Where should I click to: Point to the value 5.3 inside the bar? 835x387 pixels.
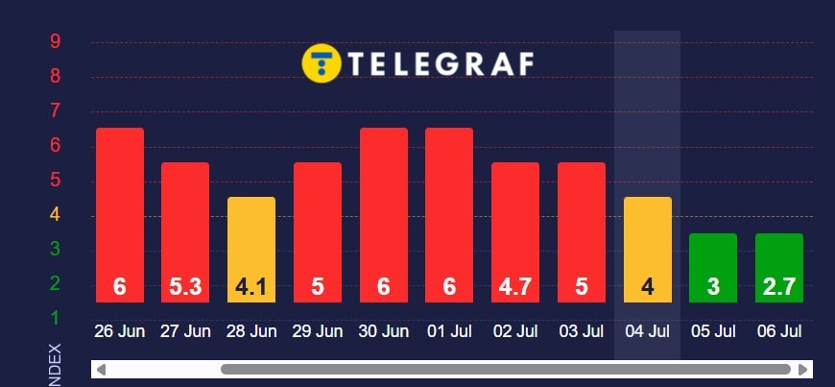185,286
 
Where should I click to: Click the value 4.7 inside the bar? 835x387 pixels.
515,286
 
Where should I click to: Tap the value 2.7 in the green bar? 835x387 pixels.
778,286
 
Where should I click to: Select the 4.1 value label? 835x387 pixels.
250,286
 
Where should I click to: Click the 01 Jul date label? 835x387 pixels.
449,332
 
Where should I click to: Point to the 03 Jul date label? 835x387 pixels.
581,332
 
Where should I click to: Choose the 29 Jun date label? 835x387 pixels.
318,332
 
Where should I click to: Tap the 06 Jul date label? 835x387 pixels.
778,332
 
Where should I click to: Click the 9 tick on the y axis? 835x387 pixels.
56,41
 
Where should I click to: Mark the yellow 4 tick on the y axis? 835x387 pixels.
56,214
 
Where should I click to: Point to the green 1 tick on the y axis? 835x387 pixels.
56,318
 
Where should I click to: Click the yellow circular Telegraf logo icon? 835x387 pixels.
320,63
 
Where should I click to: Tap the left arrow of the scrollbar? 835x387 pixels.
101,369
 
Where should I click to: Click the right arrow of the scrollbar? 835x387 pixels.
802,369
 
